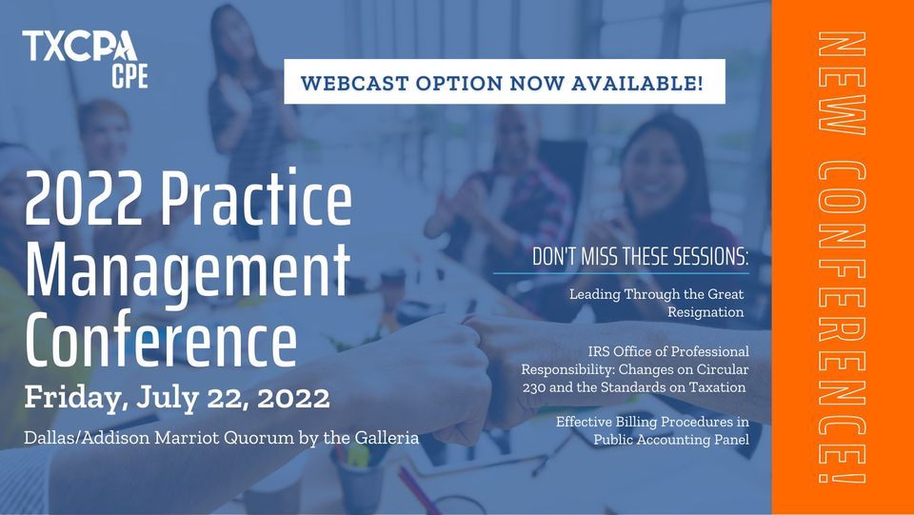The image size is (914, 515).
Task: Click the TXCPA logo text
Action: pos(80,45)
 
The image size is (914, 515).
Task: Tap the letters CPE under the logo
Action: pos(129,75)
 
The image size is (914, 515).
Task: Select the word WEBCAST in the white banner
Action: pos(355,82)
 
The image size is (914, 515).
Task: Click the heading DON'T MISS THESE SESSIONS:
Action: pos(642,258)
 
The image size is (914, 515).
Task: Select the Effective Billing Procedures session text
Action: pos(652,430)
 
